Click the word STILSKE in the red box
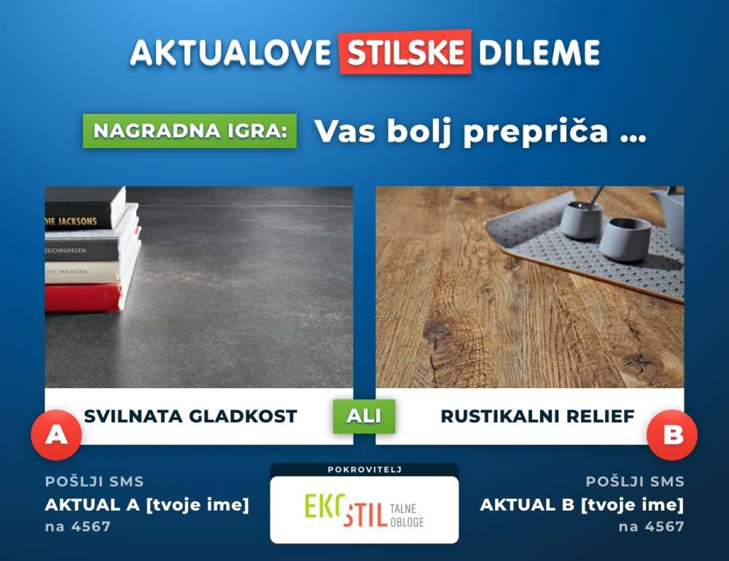(x=405, y=52)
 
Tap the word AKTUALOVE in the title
(x=230, y=52)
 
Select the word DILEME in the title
(x=539, y=52)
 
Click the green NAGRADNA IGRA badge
(x=190, y=131)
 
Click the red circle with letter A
(x=56, y=435)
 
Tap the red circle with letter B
(x=672, y=435)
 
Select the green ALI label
(x=364, y=416)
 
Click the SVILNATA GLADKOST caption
(x=190, y=417)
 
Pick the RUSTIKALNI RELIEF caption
(x=537, y=417)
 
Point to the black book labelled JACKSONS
(x=85, y=209)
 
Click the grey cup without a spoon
(x=625, y=239)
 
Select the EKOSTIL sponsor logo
(x=364, y=510)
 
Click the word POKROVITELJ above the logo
(x=364, y=470)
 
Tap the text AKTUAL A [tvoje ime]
(x=147, y=505)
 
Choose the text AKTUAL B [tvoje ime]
(x=582, y=505)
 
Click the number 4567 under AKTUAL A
(x=91, y=527)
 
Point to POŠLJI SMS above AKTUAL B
(x=635, y=481)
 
